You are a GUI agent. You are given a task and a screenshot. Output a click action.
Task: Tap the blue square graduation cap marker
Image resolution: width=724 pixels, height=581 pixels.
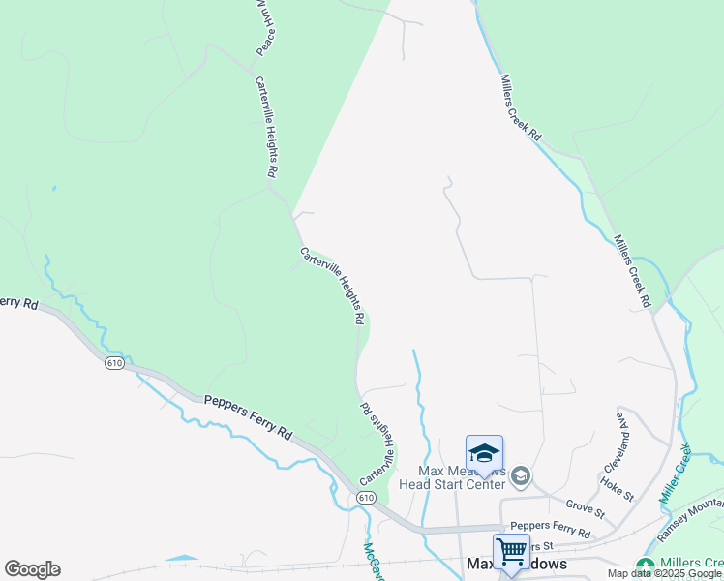point(484,453)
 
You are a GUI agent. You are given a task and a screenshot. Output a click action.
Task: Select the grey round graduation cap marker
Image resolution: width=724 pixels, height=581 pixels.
point(521,474)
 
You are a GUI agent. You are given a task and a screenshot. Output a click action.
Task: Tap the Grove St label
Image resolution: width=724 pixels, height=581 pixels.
point(585,506)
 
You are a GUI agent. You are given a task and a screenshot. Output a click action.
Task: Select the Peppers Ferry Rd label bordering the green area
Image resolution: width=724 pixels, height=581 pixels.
point(247,414)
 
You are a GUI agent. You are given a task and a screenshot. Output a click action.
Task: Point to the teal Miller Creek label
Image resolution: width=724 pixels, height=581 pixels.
point(676,473)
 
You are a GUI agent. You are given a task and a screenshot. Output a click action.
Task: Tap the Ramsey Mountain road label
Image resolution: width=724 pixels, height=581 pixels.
point(690,517)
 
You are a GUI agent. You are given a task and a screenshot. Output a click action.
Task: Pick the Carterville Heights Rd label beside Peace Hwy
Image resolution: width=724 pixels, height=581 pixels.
point(266,126)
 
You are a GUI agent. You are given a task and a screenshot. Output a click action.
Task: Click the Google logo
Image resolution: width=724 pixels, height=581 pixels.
point(32,568)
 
